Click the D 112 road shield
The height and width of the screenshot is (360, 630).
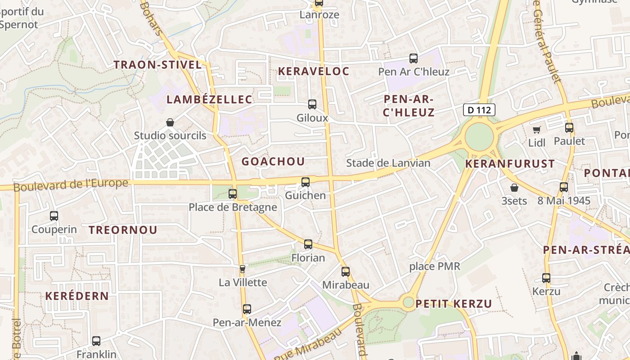[479, 109]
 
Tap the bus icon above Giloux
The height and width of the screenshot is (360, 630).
[312, 104]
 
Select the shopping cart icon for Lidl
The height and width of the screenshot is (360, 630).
[536, 130]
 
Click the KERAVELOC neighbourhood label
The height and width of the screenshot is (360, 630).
[314, 71]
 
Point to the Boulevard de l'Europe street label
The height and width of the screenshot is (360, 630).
[71, 184]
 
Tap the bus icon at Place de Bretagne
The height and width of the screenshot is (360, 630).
[233, 194]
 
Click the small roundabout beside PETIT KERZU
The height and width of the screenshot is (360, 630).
[408, 302]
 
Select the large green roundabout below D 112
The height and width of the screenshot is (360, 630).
[479, 137]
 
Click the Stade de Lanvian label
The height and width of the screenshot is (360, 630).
[388, 163]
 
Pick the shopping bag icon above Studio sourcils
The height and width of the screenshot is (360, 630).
[170, 122]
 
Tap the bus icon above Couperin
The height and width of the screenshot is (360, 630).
[54, 216]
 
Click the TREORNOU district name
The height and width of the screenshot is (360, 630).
[123, 230]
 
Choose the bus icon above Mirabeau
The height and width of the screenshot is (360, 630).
[346, 272]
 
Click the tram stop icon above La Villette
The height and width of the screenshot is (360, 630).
[243, 269]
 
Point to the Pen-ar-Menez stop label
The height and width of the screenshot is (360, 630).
[247, 322]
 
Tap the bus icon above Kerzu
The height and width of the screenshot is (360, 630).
[546, 278]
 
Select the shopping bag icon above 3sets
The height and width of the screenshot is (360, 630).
[514, 188]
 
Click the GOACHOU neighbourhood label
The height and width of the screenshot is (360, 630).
[273, 161]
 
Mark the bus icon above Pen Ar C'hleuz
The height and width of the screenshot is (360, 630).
[414, 58]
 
